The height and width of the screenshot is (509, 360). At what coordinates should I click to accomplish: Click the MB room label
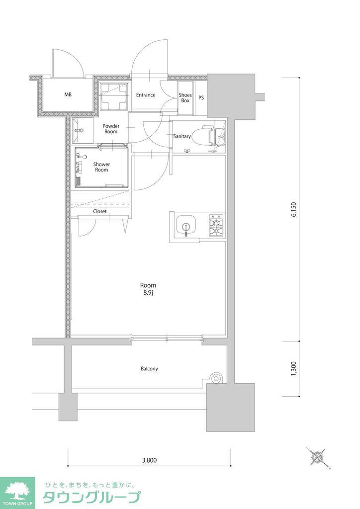tap(68, 95)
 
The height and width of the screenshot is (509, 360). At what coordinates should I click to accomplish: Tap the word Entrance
tap(145, 95)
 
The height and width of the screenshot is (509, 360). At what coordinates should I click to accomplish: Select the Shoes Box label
tap(185, 98)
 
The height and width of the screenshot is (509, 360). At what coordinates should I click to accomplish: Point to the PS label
tap(201, 97)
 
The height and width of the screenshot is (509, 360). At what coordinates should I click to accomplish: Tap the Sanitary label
tap(182, 136)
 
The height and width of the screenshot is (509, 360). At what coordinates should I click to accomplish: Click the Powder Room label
tap(111, 129)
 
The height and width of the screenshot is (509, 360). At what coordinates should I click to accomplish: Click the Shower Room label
tap(101, 167)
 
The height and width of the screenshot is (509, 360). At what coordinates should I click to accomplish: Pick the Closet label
tap(100, 211)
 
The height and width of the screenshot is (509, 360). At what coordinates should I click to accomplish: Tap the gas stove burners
tap(216, 225)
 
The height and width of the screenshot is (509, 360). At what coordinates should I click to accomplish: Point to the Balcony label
tap(149, 369)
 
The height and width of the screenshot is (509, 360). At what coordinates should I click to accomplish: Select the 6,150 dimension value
tap(294, 209)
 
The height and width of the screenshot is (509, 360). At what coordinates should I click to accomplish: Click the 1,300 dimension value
tap(294, 369)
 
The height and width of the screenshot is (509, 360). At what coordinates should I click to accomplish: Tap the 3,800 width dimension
tap(149, 460)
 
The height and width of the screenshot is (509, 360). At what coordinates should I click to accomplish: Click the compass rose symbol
tap(318, 457)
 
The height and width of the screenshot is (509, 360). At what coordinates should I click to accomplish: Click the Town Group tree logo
tap(17, 491)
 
